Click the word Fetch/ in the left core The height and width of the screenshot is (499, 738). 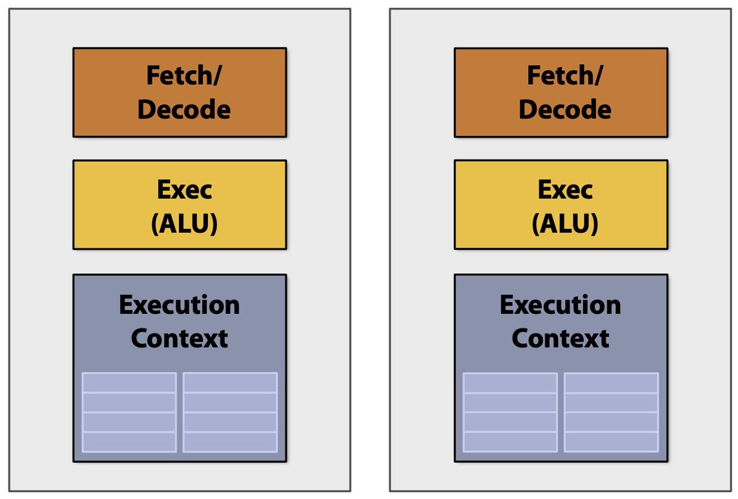(184, 76)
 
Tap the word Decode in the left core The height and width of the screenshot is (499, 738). (184, 110)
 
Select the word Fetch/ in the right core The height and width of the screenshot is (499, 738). (565, 76)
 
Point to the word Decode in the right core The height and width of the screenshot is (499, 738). (565, 110)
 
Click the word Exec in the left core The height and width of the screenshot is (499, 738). (184, 190)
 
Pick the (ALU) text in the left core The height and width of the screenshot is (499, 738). (184, 224)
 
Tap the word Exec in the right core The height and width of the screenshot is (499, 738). (565, 190)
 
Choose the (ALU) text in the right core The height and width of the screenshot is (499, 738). (565, 224)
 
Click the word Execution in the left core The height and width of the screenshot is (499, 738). (179, 305)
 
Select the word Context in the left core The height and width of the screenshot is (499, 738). (179, 338)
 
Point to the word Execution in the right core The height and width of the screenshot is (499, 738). (560, 305)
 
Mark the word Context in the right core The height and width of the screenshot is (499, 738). (560, 338)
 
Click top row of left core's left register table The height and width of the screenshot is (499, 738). (129, 383)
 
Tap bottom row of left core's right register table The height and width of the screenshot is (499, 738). (230, 442)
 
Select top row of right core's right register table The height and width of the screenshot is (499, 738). (611, 383)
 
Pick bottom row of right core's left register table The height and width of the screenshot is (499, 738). (510, 442)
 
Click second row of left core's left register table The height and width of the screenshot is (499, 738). (129, 402)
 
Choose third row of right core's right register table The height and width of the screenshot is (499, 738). (611, 422)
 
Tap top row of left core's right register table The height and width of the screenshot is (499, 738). (230, 383)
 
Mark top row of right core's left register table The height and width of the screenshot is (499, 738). (510, 383)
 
